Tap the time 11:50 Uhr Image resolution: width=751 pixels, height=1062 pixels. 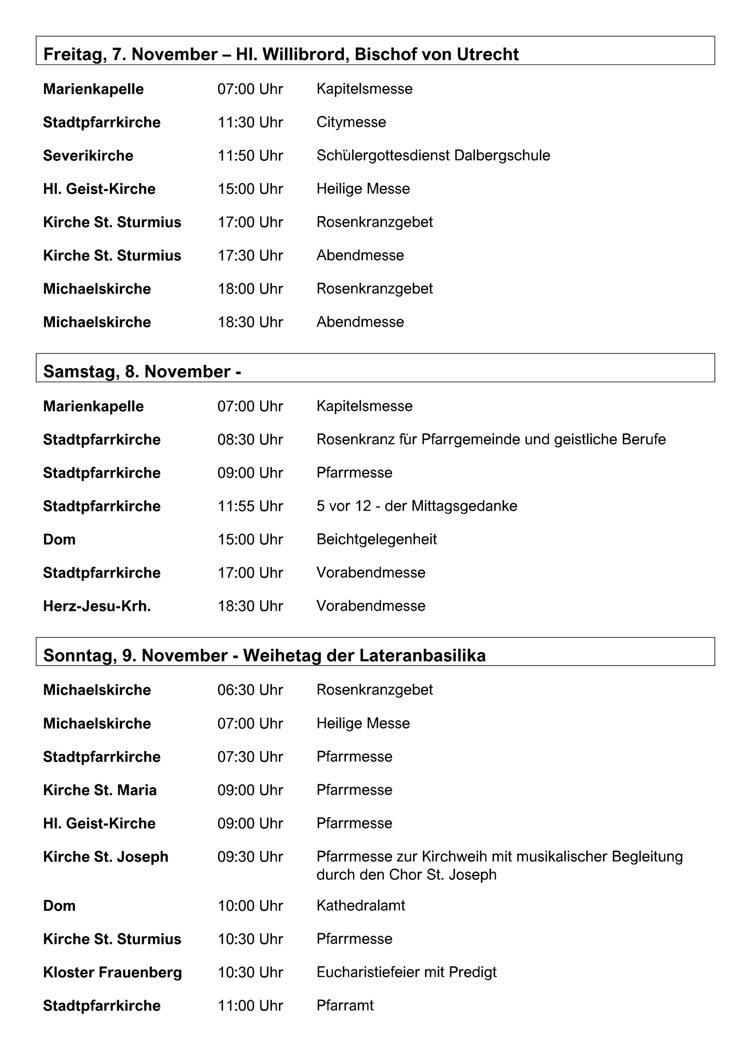point(250,155)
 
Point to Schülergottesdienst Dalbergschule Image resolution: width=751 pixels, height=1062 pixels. point(433,155)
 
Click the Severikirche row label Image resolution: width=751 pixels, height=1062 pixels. point(88,155)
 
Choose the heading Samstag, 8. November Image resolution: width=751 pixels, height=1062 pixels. point(137,372)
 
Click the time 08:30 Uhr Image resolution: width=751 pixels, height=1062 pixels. point(250,439)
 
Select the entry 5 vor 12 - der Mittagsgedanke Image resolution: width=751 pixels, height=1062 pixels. point(416,506)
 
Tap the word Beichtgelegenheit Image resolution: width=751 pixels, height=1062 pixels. point(376,539)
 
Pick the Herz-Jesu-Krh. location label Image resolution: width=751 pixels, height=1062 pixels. point(97,606)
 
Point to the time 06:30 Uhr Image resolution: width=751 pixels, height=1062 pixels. point(250,690)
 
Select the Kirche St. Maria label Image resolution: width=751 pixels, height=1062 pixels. point(99,790)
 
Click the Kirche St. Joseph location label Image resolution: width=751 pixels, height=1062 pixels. point(106,857)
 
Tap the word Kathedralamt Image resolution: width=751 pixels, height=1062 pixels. point(361,906)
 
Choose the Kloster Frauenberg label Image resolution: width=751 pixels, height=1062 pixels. point(112,972)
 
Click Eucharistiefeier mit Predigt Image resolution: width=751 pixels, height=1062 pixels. point(406,972)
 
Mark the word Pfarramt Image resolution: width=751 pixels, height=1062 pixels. point(345,1006)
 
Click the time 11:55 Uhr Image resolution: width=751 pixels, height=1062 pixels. point(250,506)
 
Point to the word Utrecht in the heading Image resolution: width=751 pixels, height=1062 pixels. point(487,54)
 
